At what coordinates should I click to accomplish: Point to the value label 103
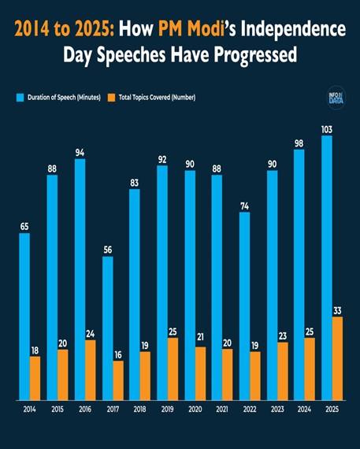click(326, 129)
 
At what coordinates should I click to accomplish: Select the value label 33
click(337, 310)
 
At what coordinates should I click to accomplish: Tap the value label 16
click(118, 354)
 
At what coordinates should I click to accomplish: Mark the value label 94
click(80, 152)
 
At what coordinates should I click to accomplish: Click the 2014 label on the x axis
click(30, 410)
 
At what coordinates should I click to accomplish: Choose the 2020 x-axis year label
click(195, 410)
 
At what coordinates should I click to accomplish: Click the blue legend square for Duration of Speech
click(20, 97)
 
